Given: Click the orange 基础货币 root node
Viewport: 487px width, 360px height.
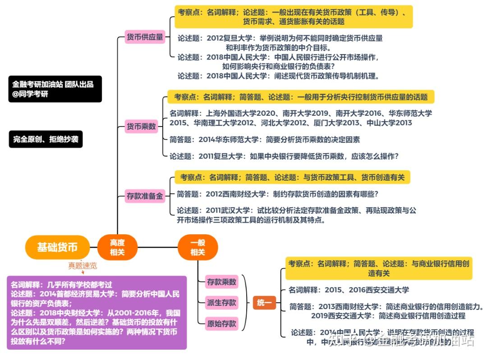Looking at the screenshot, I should [57, 247].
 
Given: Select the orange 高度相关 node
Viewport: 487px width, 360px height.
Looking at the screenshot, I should [117, 247].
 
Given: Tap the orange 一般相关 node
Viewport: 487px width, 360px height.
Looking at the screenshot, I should [198, 247].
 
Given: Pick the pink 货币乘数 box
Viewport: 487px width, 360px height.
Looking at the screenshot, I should [141, 127].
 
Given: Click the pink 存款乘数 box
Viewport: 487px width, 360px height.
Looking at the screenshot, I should [221, 282].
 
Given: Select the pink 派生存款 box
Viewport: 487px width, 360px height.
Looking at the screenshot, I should [221, 302].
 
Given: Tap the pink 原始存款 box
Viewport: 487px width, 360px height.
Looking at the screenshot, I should [221, 323].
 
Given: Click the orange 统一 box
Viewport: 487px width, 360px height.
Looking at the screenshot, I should [264, 303].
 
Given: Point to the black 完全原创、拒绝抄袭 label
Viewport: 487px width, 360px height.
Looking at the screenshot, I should [46, 139].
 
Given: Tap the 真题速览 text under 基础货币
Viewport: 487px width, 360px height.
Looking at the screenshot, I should [83, 265].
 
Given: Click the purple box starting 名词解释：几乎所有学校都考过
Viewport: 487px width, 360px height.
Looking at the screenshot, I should [96, 313].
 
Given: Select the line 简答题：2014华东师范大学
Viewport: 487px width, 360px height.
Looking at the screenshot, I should [265, 140].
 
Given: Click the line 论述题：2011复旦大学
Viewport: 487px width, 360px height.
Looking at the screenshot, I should [284, 156].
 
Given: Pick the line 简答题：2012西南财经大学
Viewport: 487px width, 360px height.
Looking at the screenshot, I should [277, 194].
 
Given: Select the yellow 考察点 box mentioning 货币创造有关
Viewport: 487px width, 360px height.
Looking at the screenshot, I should [292, 178].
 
